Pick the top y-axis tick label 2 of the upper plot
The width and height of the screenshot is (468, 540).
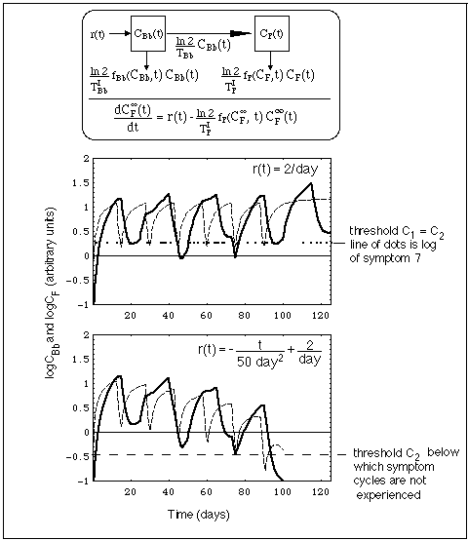[87, 157]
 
